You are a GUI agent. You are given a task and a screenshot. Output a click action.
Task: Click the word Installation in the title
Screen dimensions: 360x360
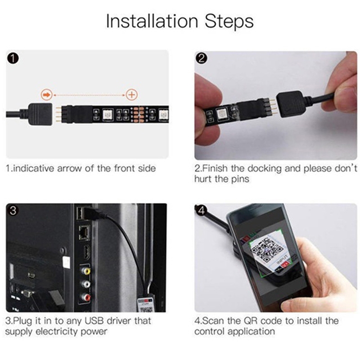tap(152, 21)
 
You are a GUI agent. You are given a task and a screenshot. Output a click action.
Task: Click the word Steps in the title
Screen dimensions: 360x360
tap(229, 21)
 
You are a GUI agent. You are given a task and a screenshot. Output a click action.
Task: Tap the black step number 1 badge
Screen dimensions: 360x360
tap(13, 58)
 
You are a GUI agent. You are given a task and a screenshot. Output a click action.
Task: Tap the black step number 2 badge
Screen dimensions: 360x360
tap(201, 58)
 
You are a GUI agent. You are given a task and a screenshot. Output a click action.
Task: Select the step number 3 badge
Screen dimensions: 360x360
tap(13, 210)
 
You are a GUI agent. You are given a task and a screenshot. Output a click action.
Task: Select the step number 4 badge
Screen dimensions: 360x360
tap(201, 210)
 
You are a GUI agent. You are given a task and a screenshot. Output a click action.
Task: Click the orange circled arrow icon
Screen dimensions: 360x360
tap(47, 94)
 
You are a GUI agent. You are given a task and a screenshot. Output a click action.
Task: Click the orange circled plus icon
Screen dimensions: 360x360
tap(131, 94)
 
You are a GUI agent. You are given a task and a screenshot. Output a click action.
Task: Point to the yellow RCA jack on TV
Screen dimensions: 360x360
tap(86, 271)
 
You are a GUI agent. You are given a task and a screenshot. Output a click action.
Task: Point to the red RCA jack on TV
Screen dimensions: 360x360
tap(86, 297)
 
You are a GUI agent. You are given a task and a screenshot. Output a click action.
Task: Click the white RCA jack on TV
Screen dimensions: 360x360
tap(86, 284)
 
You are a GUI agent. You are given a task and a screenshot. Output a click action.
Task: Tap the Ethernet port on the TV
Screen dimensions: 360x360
tap(84, 233)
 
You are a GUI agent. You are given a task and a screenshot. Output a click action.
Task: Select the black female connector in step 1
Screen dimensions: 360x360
tap(40, 114)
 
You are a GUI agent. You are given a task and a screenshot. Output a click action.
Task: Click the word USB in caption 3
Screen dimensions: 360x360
tap(94, 321)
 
